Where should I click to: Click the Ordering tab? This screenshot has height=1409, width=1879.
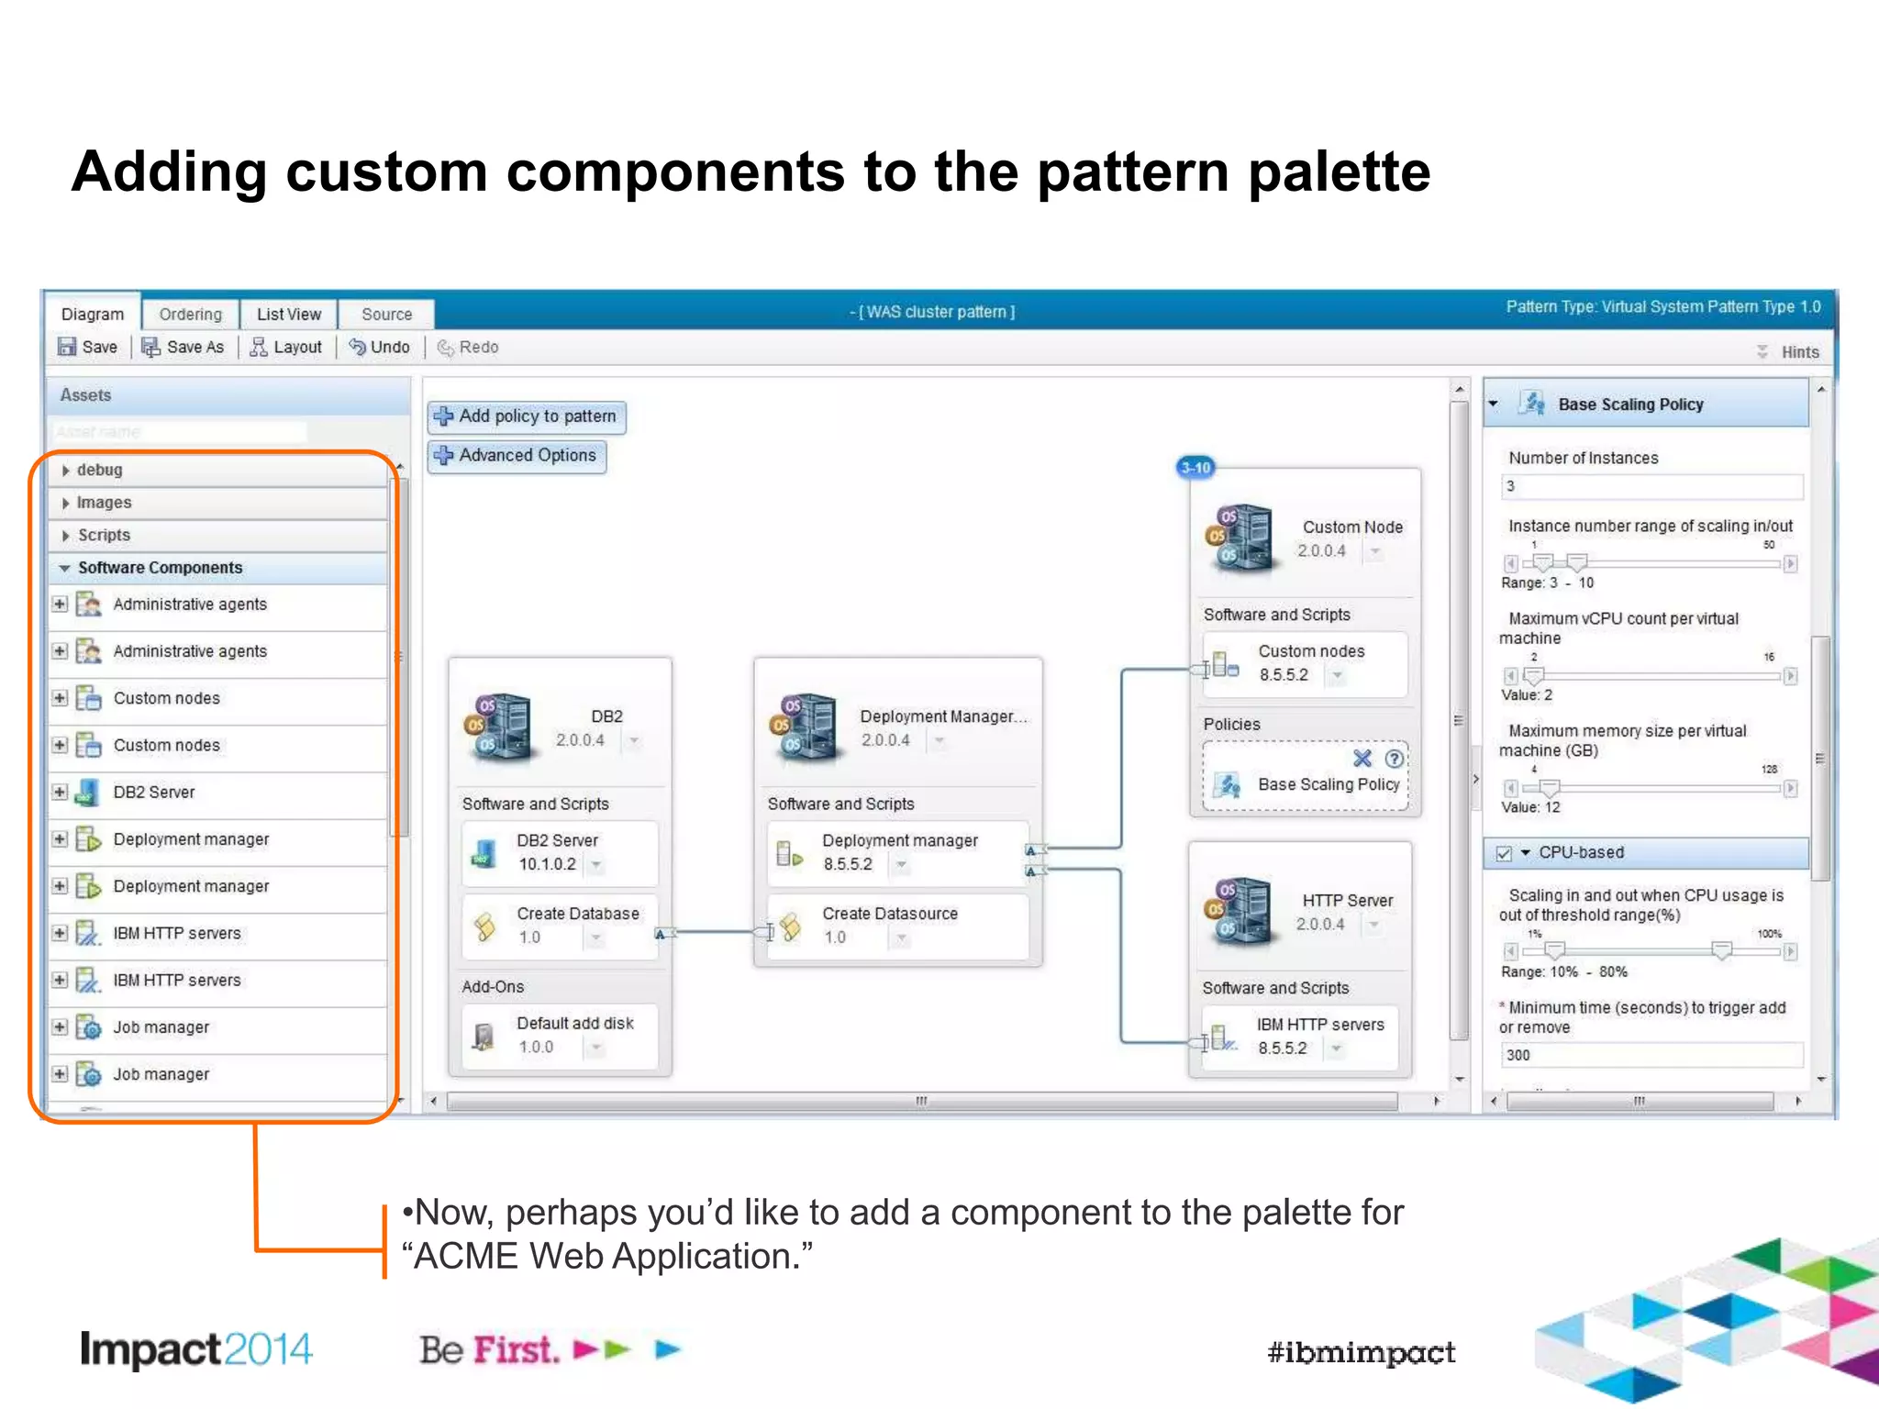190,314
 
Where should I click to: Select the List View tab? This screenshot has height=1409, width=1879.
288,314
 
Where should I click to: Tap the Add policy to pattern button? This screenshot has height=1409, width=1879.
527,416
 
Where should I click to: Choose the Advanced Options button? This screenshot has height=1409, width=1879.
517,456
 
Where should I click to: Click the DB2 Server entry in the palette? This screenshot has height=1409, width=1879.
153,792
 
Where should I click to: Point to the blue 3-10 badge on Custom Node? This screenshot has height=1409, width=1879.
1195,468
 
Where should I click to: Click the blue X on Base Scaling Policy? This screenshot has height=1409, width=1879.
1362,759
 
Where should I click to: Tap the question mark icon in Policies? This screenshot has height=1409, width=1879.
1394,759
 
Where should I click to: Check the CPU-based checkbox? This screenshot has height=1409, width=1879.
1504,853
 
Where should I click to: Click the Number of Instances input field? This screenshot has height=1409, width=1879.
1651,486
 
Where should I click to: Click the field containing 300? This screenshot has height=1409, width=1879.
1651,1055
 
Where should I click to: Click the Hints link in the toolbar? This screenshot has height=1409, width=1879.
1799,352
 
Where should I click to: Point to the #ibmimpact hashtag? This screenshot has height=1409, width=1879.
1361,1352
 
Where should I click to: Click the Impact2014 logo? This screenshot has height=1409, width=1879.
196,1349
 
